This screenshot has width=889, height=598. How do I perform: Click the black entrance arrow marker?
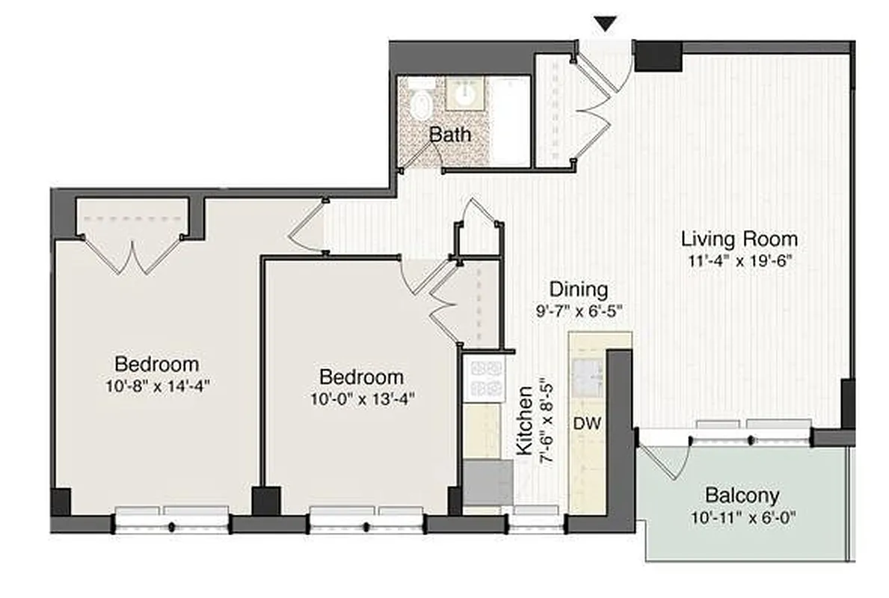pyautogui.click(x=606, y=25)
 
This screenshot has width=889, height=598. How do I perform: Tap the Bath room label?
pyautogui.click(x=449, y=135)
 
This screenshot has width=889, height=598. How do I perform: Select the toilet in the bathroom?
pyautogui.click(x=422, y=102)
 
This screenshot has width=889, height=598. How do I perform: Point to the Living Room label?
pyautogui.click(x=739, y=239)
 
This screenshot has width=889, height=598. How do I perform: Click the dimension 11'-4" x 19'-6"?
pyautogui.click(x=739, y=261)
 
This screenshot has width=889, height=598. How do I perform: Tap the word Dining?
pyautogui.click(x=578, y=289)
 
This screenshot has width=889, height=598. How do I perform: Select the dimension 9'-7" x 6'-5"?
pyautogui.click(x=578, y=309)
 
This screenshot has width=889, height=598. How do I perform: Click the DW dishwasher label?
pyautogui.click(x=588, y=424)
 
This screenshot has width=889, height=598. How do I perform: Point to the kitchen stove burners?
pyautogui.click(x=483, y=378)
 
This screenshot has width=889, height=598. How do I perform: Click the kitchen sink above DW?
pyautogui.click(x=588, y=378)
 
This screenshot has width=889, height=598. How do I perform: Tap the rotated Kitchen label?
pyautogui.click(x=525, y=421)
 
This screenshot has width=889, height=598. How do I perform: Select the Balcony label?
pyautogui.click(x=742, y=496)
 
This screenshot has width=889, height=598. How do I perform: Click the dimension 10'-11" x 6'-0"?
pyautogui.click(x=742, y=517)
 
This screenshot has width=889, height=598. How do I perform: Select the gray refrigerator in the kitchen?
pyautogui.click(x=487, y=482)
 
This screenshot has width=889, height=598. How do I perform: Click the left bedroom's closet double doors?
pyautogui.click(x=132, y=253)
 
